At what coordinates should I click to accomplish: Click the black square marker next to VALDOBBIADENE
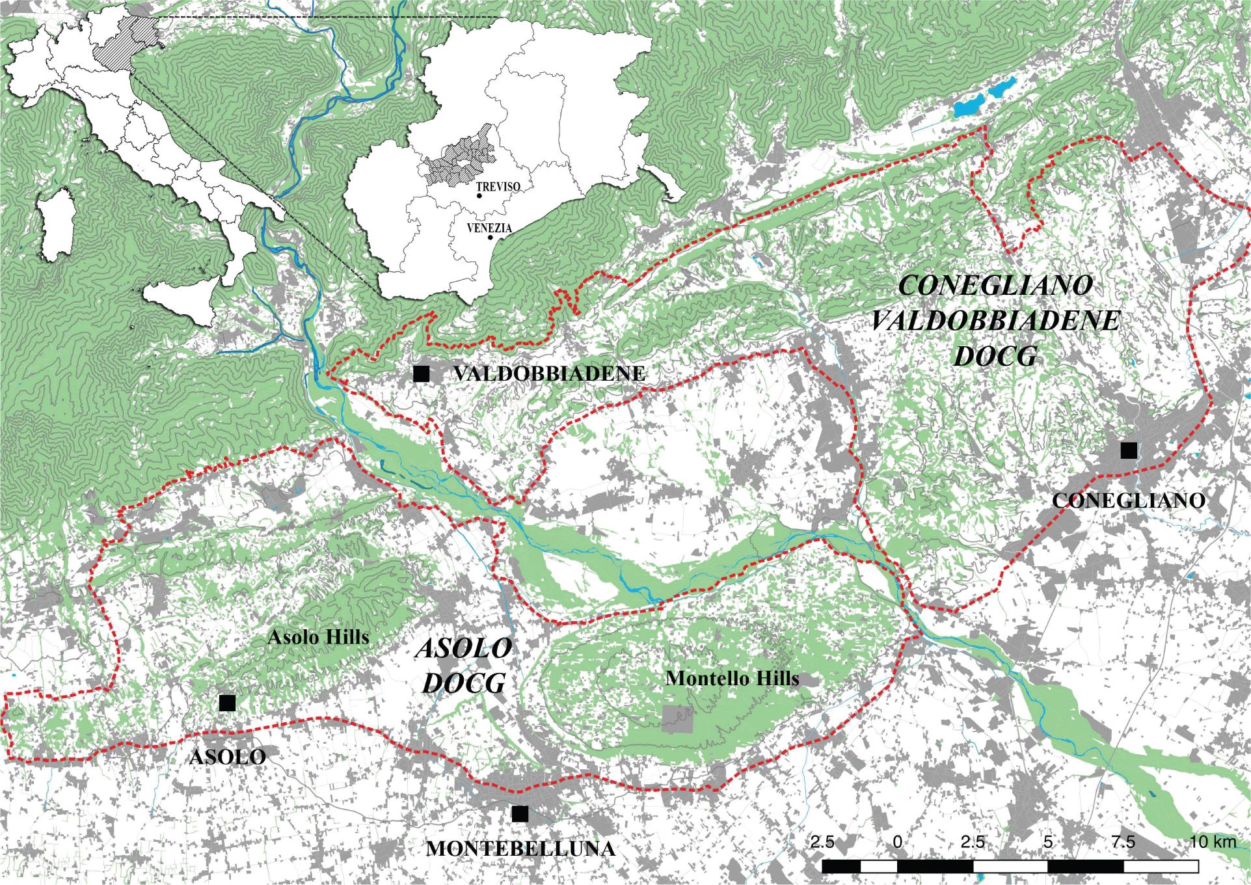pyautogui.click(x=422, y=374)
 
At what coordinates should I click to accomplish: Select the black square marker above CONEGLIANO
pyautogui.click(x=1129, y=450)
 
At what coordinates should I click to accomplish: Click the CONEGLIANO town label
pyautogui.click(x=1129, y=500)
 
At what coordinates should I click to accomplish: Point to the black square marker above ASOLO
pyautogui.click(x=227, y=703)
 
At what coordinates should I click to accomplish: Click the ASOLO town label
pyautogui.click(x=227, y=757)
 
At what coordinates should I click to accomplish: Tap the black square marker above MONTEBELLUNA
pyautogui.click(x=519, y=814)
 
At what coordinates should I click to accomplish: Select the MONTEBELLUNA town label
pyautogui.click(x=520, y=849)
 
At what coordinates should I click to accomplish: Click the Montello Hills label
pyautogui.click(x=733, y=679)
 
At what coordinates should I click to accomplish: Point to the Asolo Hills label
pyautogui.click(x=318, y=636)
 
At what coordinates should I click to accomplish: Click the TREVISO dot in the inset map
pyautogui.click(x=479, y=195)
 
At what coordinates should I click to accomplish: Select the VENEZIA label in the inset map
pyautogui.click(x=489, y=229)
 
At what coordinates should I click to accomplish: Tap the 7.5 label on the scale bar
pyautogui.click(x=1123, y=842)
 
